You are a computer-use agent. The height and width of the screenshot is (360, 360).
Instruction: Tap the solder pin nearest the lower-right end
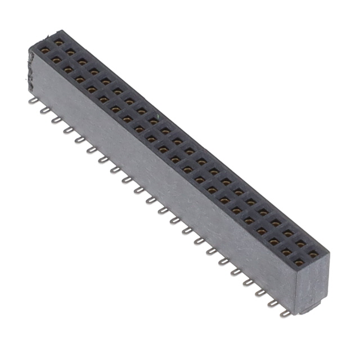[285, 313]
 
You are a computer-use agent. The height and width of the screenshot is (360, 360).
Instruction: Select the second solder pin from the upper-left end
[44, 111]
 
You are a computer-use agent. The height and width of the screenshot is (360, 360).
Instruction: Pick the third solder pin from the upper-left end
[55, 120]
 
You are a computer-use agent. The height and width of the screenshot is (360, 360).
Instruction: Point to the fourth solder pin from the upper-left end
[67, 130]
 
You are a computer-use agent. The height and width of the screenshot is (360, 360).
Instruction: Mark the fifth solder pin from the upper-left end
[79, 139]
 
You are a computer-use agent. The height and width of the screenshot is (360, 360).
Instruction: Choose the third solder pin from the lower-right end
[260, 293]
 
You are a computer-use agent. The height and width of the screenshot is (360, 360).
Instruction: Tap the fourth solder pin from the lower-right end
[247, 283]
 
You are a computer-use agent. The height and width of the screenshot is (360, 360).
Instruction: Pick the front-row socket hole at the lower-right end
[299, 262]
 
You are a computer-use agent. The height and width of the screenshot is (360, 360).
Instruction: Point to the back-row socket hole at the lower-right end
[313, 254]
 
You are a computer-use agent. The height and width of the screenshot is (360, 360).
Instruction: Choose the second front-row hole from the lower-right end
[286, 251]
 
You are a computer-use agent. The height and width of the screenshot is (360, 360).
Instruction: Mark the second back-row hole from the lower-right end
[300, 244]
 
